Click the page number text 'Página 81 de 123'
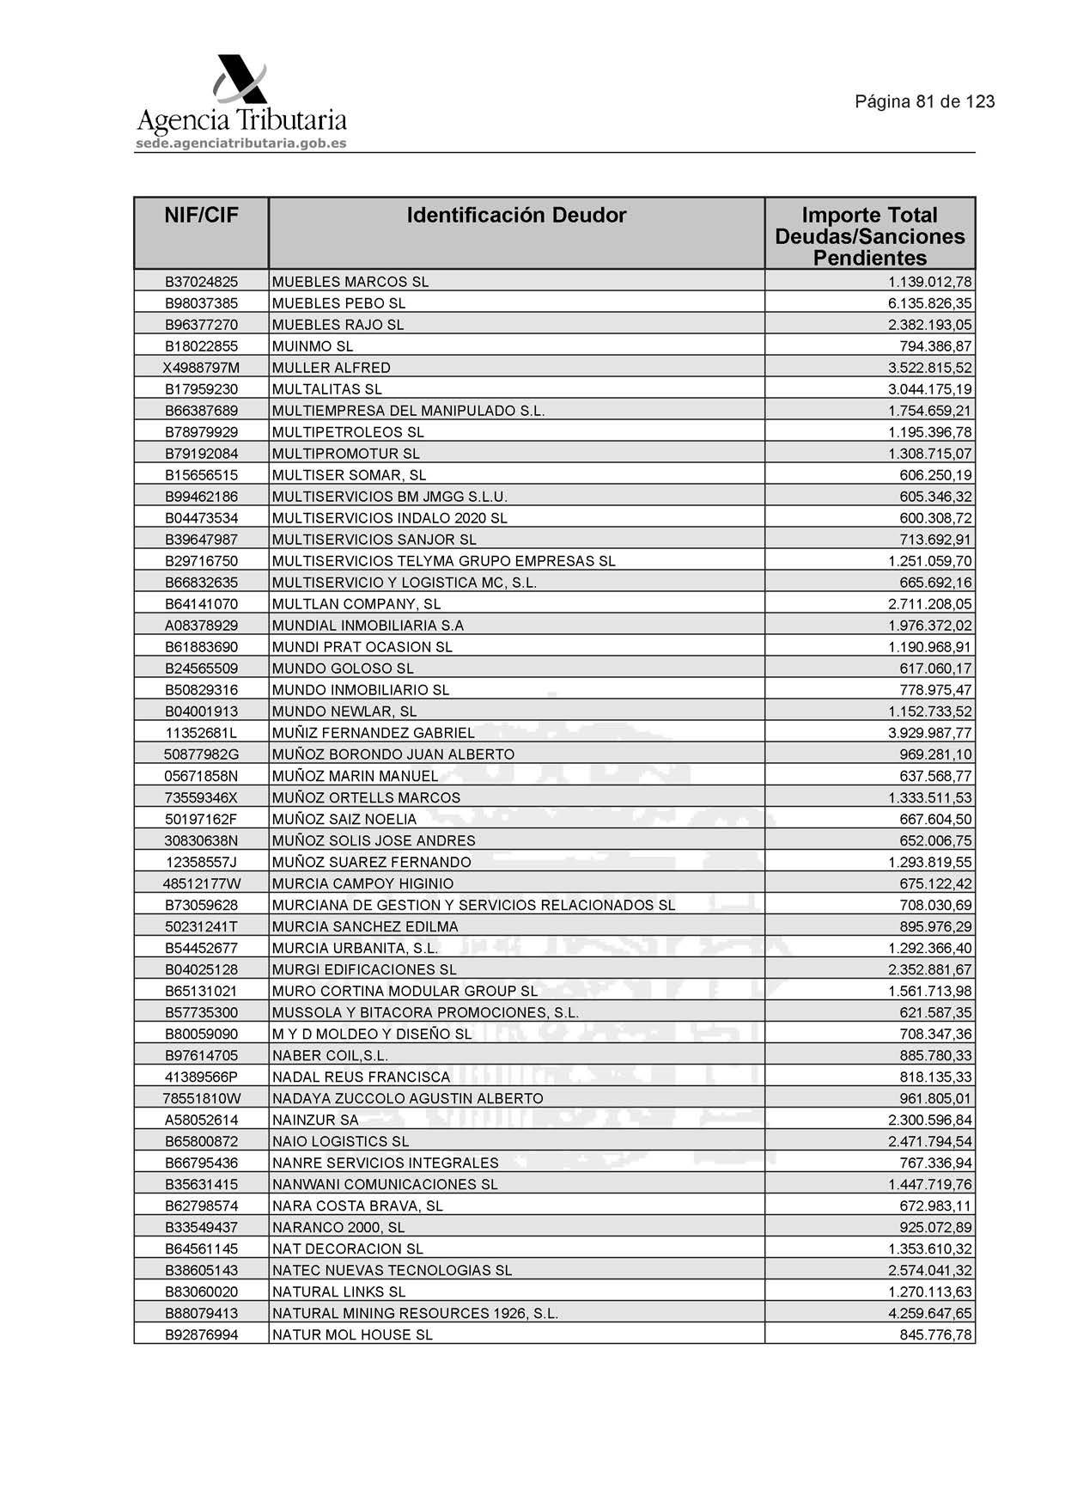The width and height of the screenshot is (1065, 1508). click(x=924, y=101)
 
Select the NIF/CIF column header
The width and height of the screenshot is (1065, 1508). click(x=201, y=215)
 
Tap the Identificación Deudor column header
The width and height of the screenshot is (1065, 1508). click(x=516, y=215)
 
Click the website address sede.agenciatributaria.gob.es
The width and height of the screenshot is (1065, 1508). click(x=241, y=143)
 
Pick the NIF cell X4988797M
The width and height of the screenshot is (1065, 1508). click(x=201, y=368)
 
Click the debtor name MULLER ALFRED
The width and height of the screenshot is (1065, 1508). click(x=332, y=368)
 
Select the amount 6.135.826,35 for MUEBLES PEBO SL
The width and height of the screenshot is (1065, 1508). click(x=929, y=303)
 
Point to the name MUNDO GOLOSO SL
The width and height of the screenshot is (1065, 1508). click(x=343, y=669)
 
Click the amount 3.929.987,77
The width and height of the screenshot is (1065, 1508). click(x=929, y=733)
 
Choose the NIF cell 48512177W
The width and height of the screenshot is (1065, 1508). click(x=201, y=883)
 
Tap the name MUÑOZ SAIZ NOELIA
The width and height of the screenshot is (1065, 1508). click(x=344, y=819)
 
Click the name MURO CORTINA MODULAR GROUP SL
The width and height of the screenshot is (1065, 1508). click(x=405, y=991)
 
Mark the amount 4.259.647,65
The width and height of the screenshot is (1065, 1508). click(x=929, y=1313)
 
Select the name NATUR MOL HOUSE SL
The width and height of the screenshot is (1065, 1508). click(x=352, y=1334)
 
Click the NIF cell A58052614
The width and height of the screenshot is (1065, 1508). click(x=201, y=1120)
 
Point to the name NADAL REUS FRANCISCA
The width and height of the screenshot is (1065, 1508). click(x=361, y=1077)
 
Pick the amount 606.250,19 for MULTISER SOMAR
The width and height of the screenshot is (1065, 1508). click(x=935, y=475)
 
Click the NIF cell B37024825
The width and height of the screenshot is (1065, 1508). click(x=201, y=282)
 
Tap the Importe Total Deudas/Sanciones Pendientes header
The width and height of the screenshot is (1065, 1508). click(x=869, y=236)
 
